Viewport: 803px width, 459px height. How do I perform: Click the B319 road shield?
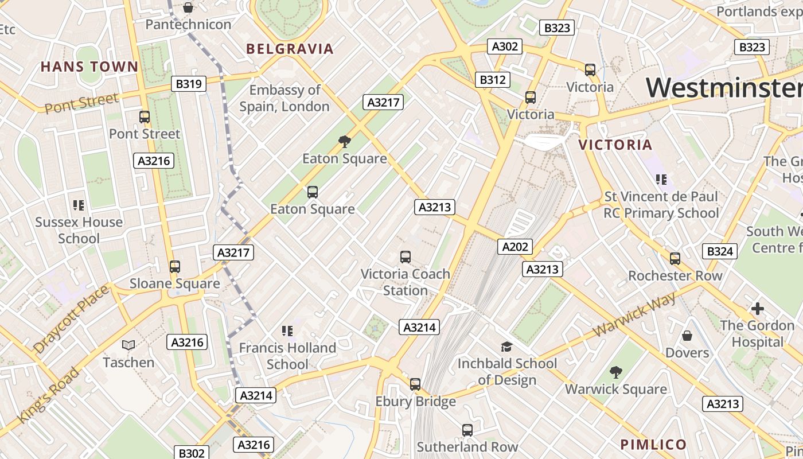pos(189,84)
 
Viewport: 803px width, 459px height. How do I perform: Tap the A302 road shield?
pos(505,46)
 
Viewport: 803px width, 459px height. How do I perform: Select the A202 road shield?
pos(514,247)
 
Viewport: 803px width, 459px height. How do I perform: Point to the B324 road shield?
pos(720,251)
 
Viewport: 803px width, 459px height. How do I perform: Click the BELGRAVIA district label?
pos(290,49)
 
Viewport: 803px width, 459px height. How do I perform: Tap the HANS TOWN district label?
pos(89,67)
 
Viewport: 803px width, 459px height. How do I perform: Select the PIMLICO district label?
pos(653,444)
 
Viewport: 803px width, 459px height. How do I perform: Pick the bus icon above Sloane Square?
pos(175,266)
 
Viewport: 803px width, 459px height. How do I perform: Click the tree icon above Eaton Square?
pos(344,141)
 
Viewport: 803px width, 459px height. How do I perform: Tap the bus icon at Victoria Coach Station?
pos(406,256)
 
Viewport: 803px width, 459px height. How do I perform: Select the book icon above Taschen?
pos(128,345)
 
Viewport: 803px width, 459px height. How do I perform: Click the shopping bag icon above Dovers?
pos(687,335)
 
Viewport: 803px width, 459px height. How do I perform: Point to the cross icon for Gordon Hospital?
pos(757,309)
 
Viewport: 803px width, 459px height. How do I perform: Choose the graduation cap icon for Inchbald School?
pos(506,346)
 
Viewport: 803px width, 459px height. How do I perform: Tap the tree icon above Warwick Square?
pos(615,372)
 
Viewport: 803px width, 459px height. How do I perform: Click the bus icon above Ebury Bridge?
pos(415,384)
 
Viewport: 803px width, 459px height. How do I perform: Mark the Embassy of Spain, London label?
pos(284,98)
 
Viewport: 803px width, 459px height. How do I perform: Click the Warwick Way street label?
pos(634,313)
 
